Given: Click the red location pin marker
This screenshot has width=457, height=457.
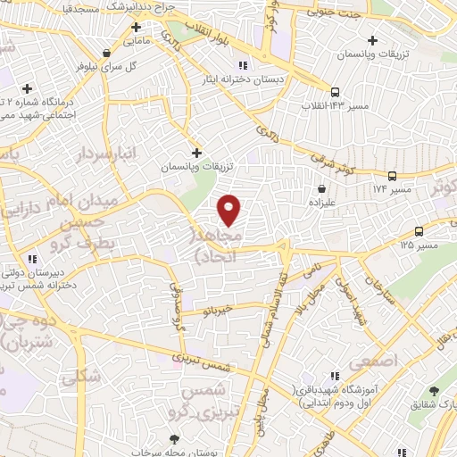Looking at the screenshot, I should coord(229,209).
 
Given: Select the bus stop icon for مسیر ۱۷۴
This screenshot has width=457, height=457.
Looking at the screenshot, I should coord(392,176).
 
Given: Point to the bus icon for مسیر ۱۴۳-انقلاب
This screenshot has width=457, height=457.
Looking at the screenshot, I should coord(335,92).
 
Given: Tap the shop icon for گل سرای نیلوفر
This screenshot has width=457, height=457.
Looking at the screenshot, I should coord(107,52).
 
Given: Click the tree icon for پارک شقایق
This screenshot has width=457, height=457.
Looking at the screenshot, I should coord(434,391).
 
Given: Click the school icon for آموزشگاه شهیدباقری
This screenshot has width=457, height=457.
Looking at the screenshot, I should coord(335,378).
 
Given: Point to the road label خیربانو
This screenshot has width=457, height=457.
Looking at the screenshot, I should coord(218,309).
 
